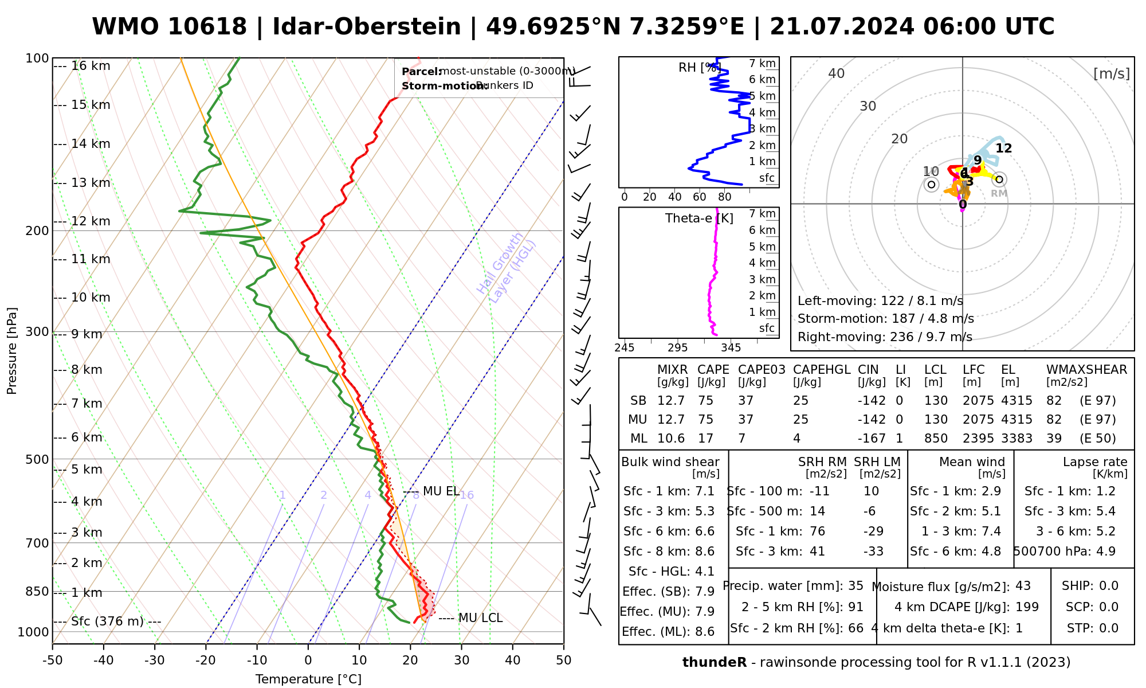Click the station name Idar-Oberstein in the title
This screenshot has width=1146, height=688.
[x=366, y=27]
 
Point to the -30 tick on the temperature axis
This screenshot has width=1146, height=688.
[x=155, y=660]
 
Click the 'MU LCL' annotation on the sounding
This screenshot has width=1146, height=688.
[x=480, y=618]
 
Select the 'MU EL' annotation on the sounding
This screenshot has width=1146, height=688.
[x=441, y=491]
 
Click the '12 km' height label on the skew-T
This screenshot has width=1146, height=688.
[x=91, y=221]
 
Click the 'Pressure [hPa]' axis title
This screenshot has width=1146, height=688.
[x=12, y=351]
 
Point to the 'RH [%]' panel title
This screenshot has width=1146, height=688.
[x=699, y=68]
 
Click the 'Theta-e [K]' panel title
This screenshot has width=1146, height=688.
[x=699, y=218]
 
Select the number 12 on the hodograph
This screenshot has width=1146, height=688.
[x=1003, y=148]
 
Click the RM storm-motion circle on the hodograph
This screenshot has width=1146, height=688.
[x=999, y=179]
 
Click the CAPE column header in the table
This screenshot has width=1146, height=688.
[x=713, y=370]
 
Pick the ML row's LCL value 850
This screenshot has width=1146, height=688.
[x=936, y=439]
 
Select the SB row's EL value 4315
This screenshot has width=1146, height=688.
[x=1017, y=401]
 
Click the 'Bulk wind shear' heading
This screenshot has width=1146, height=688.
[x=670, y=462]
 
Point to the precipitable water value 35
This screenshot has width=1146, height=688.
[x=855, y=586]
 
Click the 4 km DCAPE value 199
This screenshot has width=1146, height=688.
[x=1027, y=607]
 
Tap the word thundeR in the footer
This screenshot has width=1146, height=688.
[x=714, y=663]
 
